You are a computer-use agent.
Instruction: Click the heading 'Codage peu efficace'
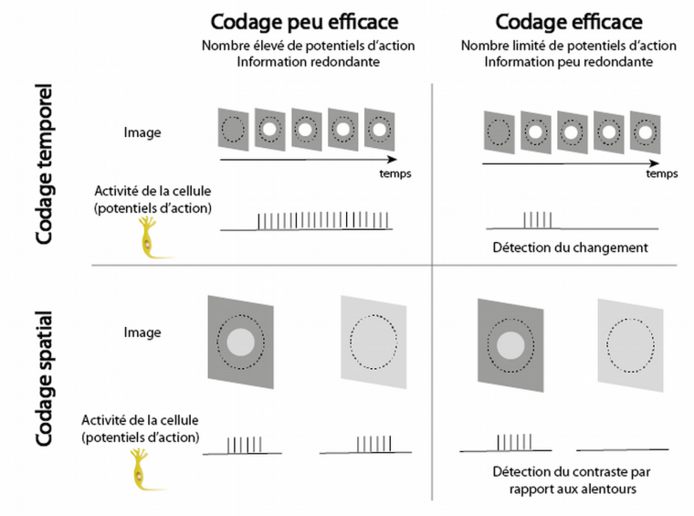304,22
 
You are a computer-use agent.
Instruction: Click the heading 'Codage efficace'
569,22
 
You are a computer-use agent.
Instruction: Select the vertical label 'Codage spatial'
44,378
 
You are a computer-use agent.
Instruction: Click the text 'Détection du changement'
570,247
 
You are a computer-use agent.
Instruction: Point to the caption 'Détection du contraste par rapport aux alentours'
572,480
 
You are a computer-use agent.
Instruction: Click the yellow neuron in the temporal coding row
152,237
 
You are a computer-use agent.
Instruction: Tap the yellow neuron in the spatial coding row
144,469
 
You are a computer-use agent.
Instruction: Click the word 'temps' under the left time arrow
395,174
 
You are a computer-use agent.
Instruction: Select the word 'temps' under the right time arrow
662,174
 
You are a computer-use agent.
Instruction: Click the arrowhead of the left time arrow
393,159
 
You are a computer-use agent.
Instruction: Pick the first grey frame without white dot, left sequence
233,129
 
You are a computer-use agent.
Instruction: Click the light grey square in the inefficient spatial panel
374,342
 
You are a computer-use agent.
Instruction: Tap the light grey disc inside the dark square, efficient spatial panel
510,345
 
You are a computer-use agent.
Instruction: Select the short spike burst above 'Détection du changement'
538,220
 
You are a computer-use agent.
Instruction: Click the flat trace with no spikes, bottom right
622,450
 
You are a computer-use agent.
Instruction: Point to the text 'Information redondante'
308,61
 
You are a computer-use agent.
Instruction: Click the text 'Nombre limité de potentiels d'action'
569,46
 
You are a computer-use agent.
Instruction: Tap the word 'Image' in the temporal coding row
142,132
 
